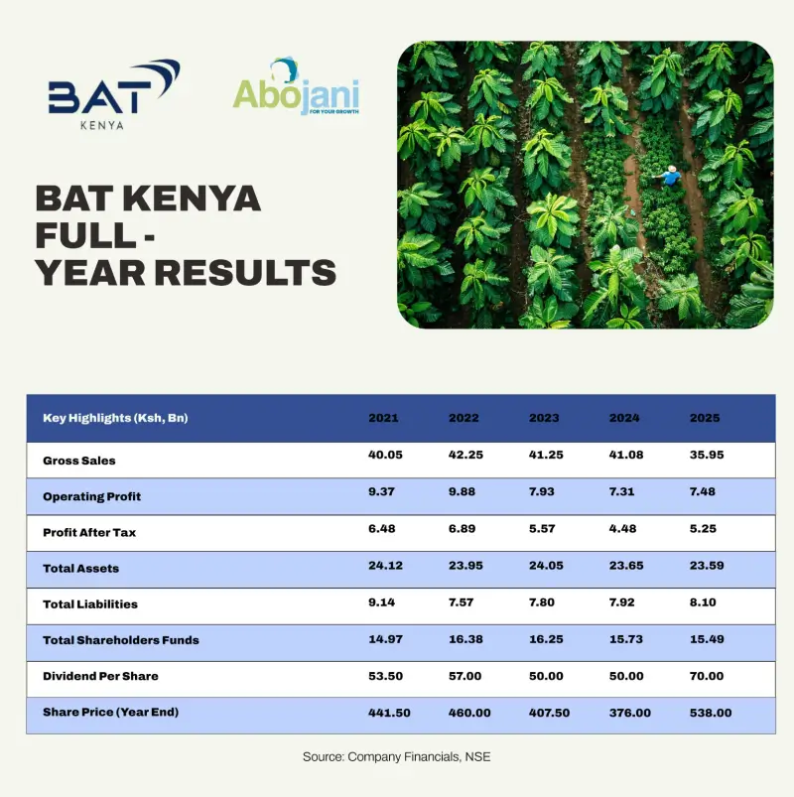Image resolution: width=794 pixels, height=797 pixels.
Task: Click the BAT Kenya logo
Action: (113, 95)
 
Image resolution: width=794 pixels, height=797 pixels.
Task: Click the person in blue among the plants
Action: (671, 176)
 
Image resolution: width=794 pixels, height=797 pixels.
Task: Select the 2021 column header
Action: (383, 418)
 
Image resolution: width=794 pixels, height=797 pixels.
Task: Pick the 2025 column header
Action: (705, 418)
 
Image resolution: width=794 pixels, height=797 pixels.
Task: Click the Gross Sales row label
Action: (79, 461)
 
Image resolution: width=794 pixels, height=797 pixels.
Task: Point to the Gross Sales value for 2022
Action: (464, 455)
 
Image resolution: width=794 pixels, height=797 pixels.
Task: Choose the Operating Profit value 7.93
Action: (544, 491)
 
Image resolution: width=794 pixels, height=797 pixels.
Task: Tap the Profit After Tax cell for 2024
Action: (624, 527)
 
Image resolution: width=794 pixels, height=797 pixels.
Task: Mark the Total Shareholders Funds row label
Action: (121, 640)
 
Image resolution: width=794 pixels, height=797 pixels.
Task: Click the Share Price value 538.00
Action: (711, 712)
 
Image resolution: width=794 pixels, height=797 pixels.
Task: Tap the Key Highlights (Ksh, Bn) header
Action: (115, 418)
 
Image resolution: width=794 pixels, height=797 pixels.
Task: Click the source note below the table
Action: (397, 757)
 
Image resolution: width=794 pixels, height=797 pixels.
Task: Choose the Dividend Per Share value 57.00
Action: (464, 676)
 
